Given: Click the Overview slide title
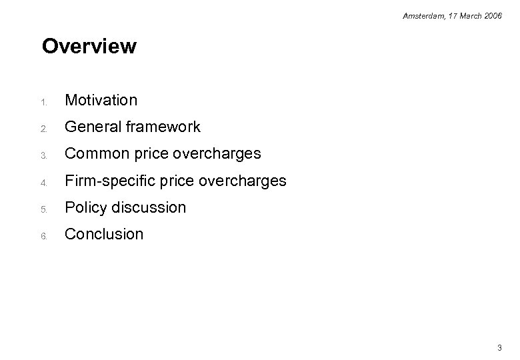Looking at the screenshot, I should point(89,47).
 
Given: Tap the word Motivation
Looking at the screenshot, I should point(101,100).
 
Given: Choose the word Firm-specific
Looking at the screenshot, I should point(107,181).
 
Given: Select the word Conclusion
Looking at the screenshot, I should point(103,234).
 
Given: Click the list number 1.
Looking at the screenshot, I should point(44,102).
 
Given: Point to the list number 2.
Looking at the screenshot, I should point(44,129).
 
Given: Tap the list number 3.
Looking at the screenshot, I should point(44,155).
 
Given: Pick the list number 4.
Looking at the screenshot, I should point(44,182).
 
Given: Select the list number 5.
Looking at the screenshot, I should point(44,209).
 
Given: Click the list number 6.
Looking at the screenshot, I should point(44,235).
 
